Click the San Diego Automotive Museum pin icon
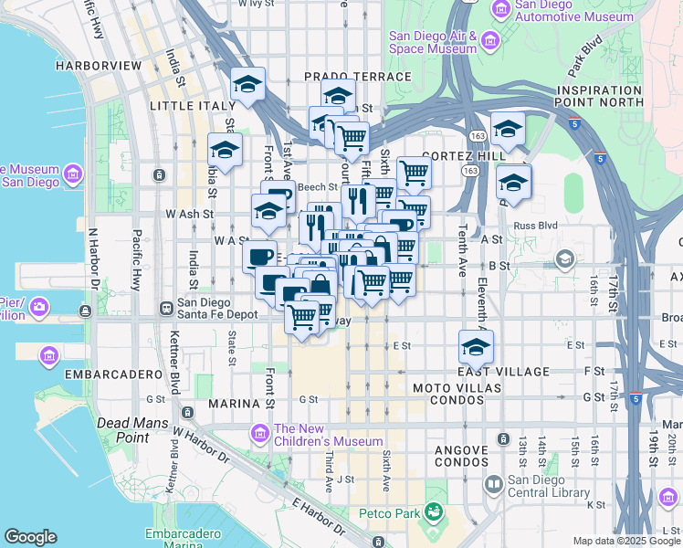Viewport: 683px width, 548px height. coord(500,9)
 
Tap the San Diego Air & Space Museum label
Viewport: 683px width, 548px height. coord(433,43)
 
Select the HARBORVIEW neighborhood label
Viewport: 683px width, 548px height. coord(97,66)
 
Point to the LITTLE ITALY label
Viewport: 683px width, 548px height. coord(193,106)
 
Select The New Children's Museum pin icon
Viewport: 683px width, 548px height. coord(260,431)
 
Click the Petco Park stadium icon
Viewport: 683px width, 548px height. coord(433,512)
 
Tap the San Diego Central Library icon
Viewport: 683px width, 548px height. coord(493,483)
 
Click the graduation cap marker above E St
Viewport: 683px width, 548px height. coord(476,346)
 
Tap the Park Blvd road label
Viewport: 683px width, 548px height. coord(586,57)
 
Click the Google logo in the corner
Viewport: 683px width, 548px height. coord(30,537)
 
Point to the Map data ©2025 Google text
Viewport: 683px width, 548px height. coord(626,541)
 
